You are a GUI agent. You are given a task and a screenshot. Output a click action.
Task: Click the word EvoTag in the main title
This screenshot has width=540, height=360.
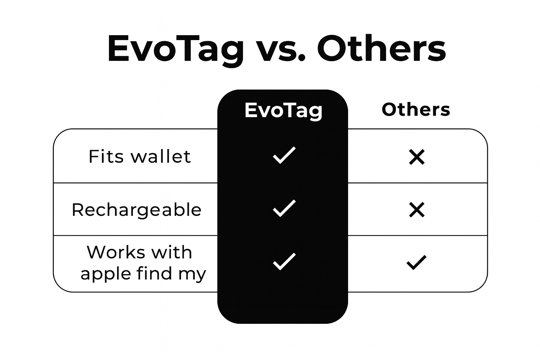point(175,50)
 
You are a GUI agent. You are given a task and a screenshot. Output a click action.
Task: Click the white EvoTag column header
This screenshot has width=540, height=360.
point(283,111)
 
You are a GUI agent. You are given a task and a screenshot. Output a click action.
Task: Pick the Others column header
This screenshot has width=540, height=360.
point(416,109)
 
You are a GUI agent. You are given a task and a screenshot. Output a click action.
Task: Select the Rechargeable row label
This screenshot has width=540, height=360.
point(136,210)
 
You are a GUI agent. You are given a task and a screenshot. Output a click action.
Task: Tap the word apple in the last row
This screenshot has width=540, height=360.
point(106,274)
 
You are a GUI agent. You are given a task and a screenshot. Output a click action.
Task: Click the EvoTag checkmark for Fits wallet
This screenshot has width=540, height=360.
point(284,155)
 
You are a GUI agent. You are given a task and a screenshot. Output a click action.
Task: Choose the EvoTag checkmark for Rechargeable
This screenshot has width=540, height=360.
point(284,208)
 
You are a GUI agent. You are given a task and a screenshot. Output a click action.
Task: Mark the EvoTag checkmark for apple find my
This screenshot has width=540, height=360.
point(284,261)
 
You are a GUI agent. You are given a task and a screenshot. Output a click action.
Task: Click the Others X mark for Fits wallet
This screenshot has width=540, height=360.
point(417,157)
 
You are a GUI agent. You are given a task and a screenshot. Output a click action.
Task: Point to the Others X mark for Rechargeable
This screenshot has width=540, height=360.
point(417,210)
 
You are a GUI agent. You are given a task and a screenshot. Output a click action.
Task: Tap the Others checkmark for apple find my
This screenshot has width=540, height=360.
point(416,262)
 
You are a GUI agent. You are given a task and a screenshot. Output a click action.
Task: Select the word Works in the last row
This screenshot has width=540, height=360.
point(115,252)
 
